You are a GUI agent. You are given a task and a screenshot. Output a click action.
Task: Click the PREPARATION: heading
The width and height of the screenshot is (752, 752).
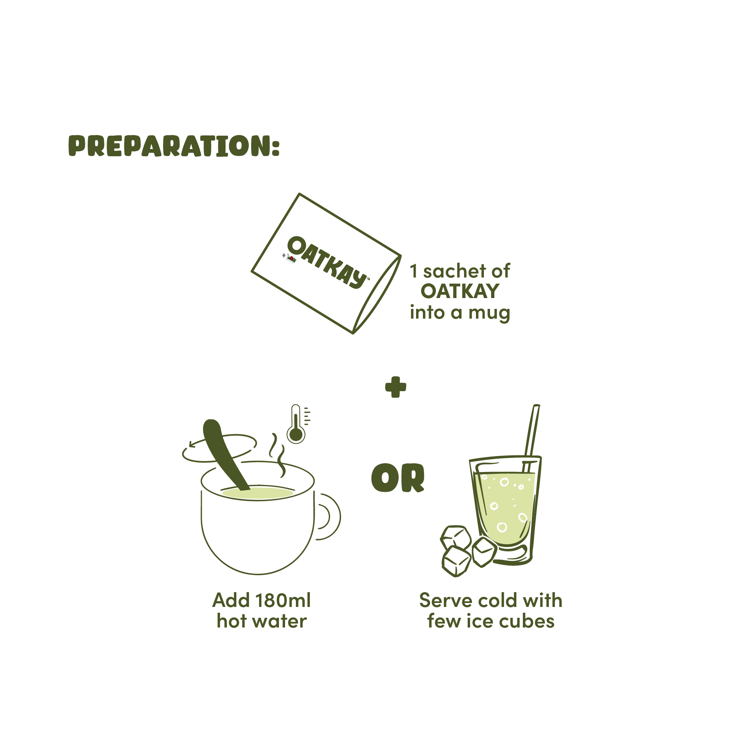coord(174,146)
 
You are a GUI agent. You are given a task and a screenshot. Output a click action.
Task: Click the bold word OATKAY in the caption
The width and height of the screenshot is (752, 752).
coord(460,292)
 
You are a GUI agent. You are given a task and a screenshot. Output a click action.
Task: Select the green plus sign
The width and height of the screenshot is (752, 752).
coord(395,387)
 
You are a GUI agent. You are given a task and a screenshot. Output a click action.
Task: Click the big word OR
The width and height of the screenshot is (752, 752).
coord(397,478)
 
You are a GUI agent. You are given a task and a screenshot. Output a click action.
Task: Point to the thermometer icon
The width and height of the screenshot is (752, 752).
coord(297,425)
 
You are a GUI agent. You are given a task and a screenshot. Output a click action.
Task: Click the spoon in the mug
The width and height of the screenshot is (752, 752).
coord(223,451)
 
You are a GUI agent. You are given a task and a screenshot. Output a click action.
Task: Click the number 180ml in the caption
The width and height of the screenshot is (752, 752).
coord(283,600)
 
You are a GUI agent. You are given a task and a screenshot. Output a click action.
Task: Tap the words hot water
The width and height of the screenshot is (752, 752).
coord(262,621)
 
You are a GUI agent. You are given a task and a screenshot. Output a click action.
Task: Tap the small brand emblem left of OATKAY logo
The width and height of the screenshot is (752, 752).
coord(290,258)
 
